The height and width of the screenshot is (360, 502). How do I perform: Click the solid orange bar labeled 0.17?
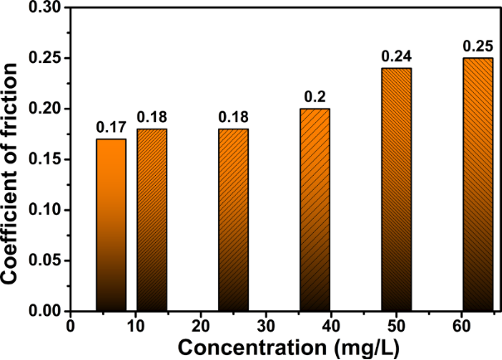111,225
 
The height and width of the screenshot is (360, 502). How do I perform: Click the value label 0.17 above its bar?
111,129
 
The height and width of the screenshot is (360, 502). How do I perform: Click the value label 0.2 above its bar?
314,98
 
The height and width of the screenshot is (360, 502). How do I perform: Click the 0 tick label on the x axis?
71,325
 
